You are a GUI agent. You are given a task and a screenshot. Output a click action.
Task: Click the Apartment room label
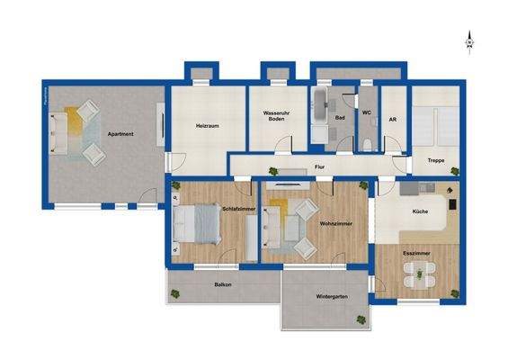point(120,134)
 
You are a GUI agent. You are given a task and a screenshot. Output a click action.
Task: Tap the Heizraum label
point(209,126)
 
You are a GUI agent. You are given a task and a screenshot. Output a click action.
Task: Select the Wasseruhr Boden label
point(276,116)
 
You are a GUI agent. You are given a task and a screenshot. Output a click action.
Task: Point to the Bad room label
point(340,118)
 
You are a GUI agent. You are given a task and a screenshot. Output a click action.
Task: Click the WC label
point(367,112)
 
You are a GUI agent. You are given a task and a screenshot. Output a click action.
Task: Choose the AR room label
point(393,118)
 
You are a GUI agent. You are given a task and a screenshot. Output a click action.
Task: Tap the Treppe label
point(435,160)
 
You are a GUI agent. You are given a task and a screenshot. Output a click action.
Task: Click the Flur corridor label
point(319,166)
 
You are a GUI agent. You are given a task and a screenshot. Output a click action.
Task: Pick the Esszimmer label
point(416,255)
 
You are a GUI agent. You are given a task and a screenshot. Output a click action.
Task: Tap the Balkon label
point(223,285)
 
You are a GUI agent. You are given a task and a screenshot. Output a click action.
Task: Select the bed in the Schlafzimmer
point(195,225)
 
